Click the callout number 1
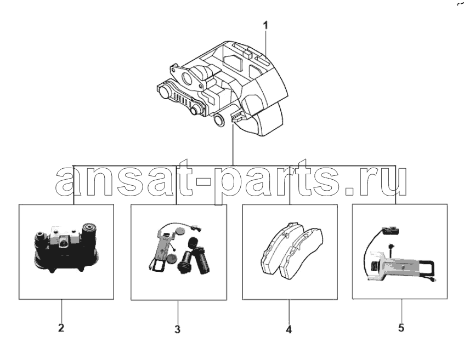tap(265, 25)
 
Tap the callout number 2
tap(61, 328)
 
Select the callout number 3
tap(177, 329)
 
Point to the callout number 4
tap(289, 329)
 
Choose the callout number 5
tap(401, 328)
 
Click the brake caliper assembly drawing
tap(222, 88)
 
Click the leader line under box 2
tap(62, 310)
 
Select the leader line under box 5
tap(401, 310)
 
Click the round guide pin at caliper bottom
tap(219, 119)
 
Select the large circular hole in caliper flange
tap(187, 77)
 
